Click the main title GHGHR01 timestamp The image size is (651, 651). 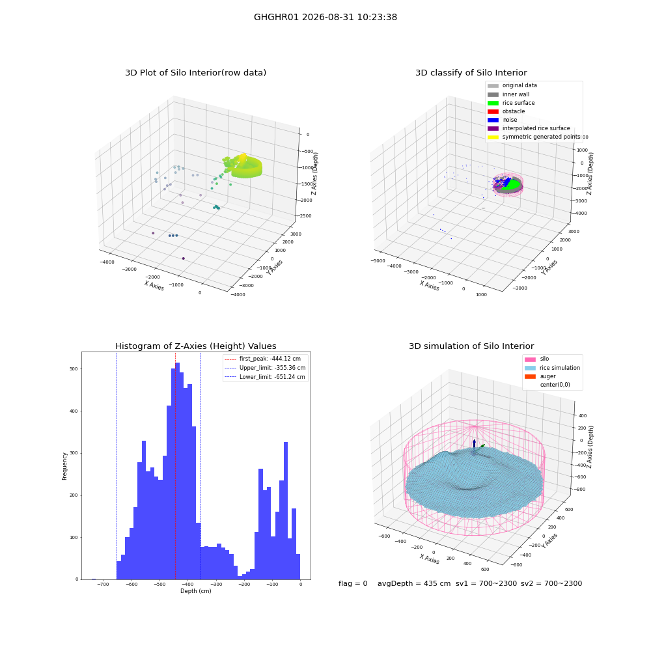325,17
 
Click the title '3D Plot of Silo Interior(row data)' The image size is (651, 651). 195,73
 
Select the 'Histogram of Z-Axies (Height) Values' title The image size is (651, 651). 195,346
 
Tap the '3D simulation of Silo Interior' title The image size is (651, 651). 471,346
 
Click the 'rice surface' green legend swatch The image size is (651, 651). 493,103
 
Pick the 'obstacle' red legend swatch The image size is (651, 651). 493,112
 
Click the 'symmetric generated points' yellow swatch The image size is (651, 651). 493,137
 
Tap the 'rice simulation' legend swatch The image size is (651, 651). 530,368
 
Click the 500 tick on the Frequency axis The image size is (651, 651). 74,368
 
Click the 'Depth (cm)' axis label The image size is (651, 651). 195,591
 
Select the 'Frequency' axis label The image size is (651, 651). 64,466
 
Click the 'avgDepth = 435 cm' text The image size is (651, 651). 414,583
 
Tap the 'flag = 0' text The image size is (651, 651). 353,583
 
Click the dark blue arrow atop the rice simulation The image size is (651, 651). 474,443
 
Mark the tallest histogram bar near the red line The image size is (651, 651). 177,471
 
